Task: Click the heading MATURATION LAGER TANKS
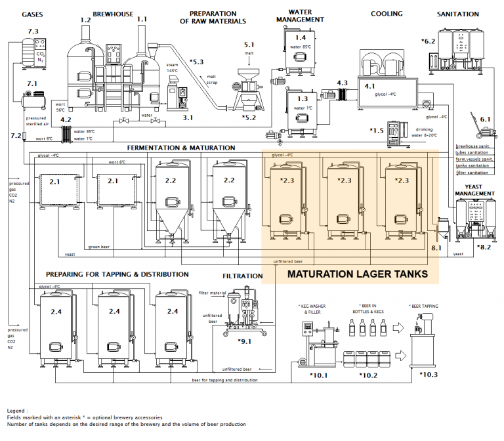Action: pos(358,274)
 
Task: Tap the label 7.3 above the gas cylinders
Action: pos(32,31)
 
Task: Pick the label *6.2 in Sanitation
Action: pos(429,41)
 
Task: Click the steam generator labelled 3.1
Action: pos(177,96)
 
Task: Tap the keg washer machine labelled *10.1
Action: pos(314,345)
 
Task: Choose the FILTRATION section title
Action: pos(242,276)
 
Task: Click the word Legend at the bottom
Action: pos(18,410)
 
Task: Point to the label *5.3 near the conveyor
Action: pos(197,62)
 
